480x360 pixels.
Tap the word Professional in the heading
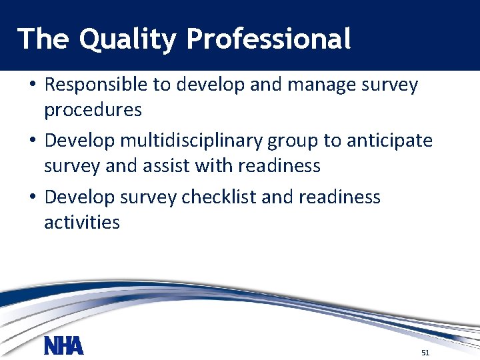pyautogui.click(x=269, y=39)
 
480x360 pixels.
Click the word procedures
pyautogui.click(x=93, y=109)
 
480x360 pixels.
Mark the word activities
pyautogui.click(x=82, y=221)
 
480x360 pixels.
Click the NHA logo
pyautogui.click(x=64, y=347)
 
